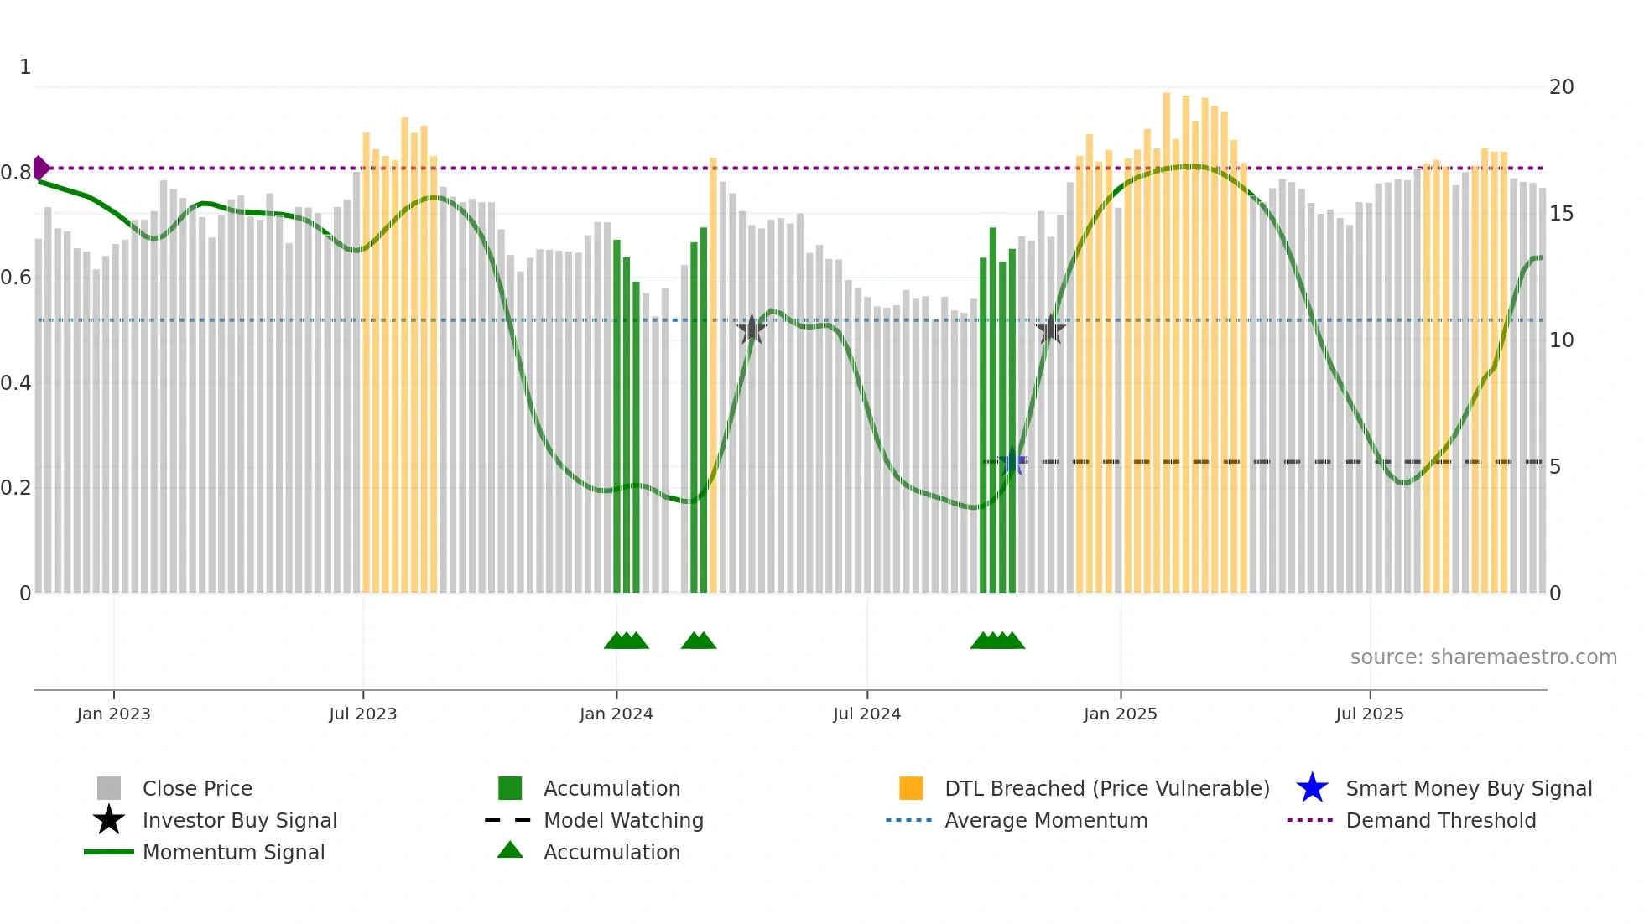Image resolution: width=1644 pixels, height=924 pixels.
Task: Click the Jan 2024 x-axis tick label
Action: pyautogui.click(x=616, y=714)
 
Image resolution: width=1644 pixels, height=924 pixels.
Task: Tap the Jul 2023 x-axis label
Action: pyautogui.click(x=362, y=714)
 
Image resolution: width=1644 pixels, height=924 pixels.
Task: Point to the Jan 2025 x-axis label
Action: pyautogui.click(x=1120, y=714)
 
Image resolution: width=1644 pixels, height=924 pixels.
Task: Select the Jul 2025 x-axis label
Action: pyautogui.click(x=1369, y=714)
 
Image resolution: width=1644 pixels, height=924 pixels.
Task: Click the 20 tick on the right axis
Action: pyautogui.click(x=1561, y=87)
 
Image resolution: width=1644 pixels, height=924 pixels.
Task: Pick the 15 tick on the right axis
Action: pyautogui.click(x=1561, y=214)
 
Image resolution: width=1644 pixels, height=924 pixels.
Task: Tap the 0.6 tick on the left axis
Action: pyautogui.click(x=16, y=278)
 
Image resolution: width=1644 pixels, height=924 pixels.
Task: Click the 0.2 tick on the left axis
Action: pyautogui.click(x=16, y=488)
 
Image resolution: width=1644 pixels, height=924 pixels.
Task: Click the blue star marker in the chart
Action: pyautogui.click(x=1012, y=462)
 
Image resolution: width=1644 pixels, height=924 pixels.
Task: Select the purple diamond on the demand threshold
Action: pyautogui.click(x=40, y=168)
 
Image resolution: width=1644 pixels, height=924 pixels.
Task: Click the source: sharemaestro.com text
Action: pyautogui.click(x=1483, y=657)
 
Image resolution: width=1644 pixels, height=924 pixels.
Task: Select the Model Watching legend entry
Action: pyautogui.click(x=622, y=821)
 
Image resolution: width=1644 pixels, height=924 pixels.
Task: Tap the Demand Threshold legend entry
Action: pyautogui.click(x=1440, y=821)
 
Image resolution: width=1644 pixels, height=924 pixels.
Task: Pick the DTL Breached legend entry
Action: pyautogui.click(x=1106, y=789)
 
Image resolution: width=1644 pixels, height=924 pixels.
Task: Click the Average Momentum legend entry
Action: pyautogui.click(x=1045, y=821)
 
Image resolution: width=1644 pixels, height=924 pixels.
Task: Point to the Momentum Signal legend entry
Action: pyautogui.click(x=233, y=853)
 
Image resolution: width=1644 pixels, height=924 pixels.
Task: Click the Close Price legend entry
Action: pyautogui.click(x=197, y=789)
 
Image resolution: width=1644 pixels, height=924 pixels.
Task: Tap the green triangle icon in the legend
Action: pyautogui.click(x=510, y=851)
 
